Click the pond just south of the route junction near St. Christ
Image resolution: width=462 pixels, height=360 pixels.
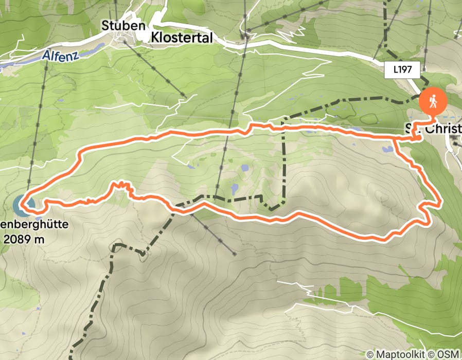387,150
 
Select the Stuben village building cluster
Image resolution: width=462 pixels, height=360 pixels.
123,38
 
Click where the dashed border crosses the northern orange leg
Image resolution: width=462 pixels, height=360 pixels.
283,124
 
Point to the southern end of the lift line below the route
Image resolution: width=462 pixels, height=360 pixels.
234,254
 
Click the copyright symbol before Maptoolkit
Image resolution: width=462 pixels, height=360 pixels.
370,354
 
